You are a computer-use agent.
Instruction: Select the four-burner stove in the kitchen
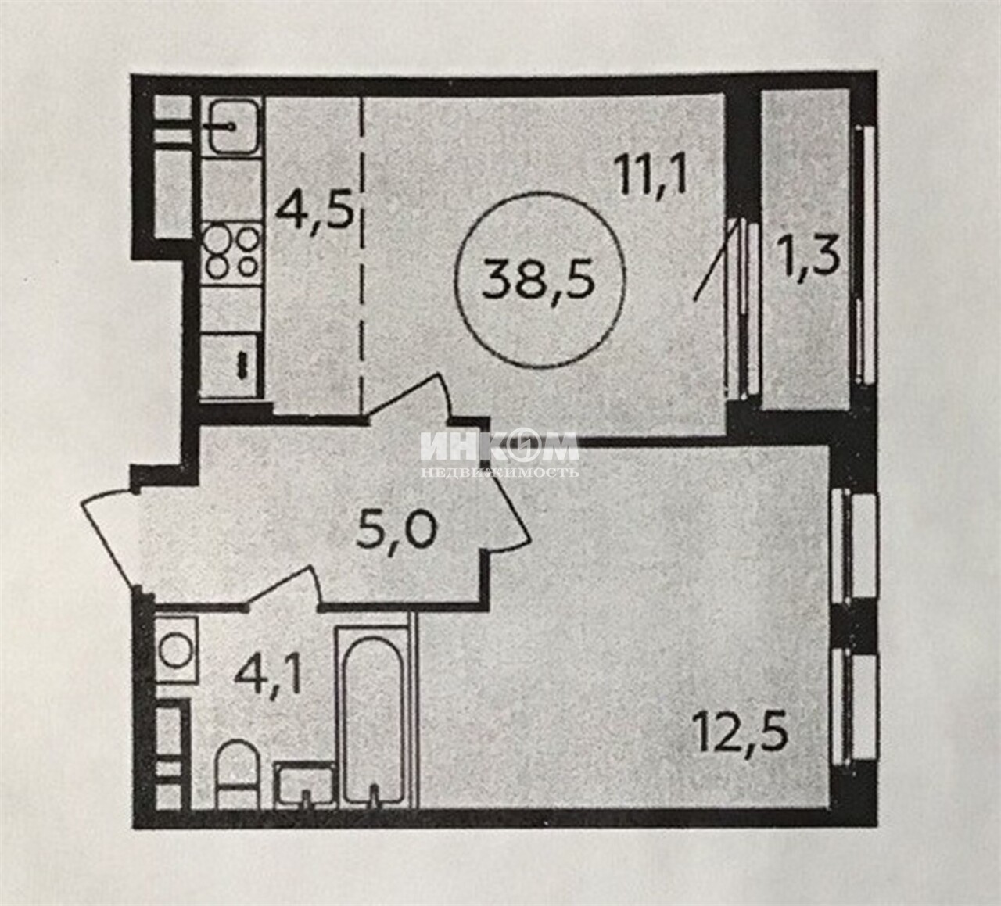click(232, 254)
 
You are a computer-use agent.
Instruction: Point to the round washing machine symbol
click(176, 650)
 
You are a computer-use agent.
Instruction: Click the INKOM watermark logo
click(499, 454)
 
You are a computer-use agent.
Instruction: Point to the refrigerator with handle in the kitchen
click(232, 365)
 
